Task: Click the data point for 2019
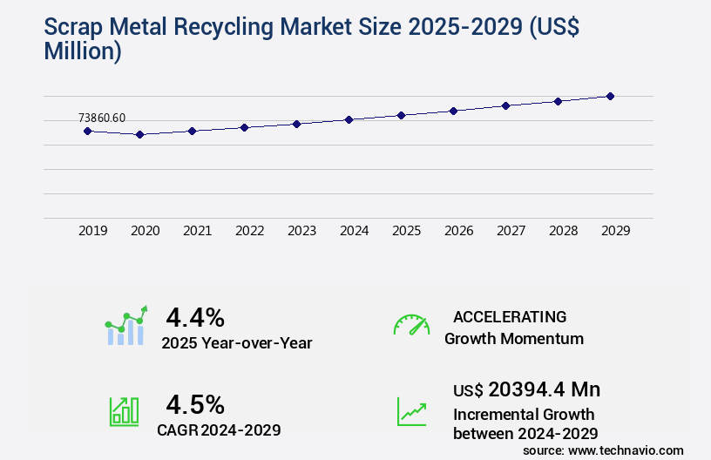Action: click(87, 131)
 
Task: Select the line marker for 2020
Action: click(139, 134)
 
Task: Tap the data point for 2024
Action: click(349, 119)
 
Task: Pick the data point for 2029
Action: click(610, 96)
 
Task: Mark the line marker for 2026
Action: click(453, 111)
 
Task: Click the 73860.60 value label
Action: click(102, 118)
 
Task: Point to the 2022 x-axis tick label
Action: click(249, 231)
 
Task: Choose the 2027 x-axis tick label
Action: click(511, 231)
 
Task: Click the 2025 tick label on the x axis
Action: click(406, 231)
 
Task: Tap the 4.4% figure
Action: click(195, 316)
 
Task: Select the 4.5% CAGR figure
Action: click(195, 404)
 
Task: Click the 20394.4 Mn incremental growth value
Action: click(544, 389)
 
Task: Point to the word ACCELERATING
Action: click(510, 316)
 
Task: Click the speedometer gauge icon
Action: click(411, 325)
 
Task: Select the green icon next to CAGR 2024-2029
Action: click(124, 411)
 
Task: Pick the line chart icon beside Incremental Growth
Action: click(411, 411)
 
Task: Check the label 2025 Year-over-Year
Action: click(236, 343)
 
